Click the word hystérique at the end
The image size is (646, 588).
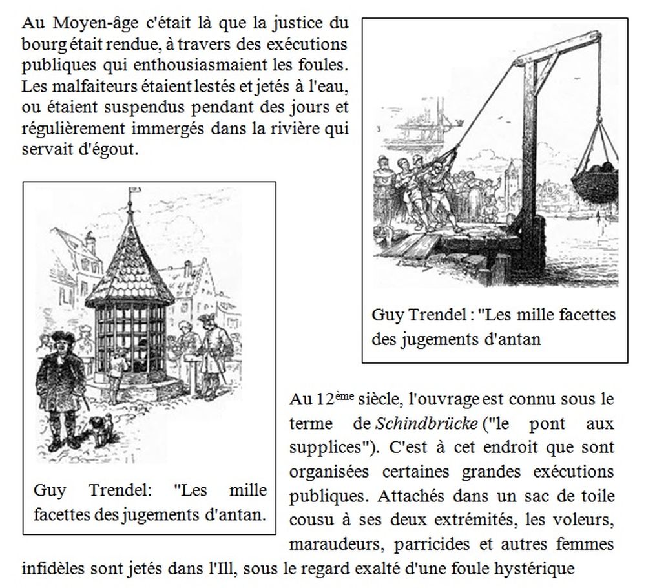[x=541, y=569]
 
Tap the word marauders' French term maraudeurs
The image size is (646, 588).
[x=335, y=544]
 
